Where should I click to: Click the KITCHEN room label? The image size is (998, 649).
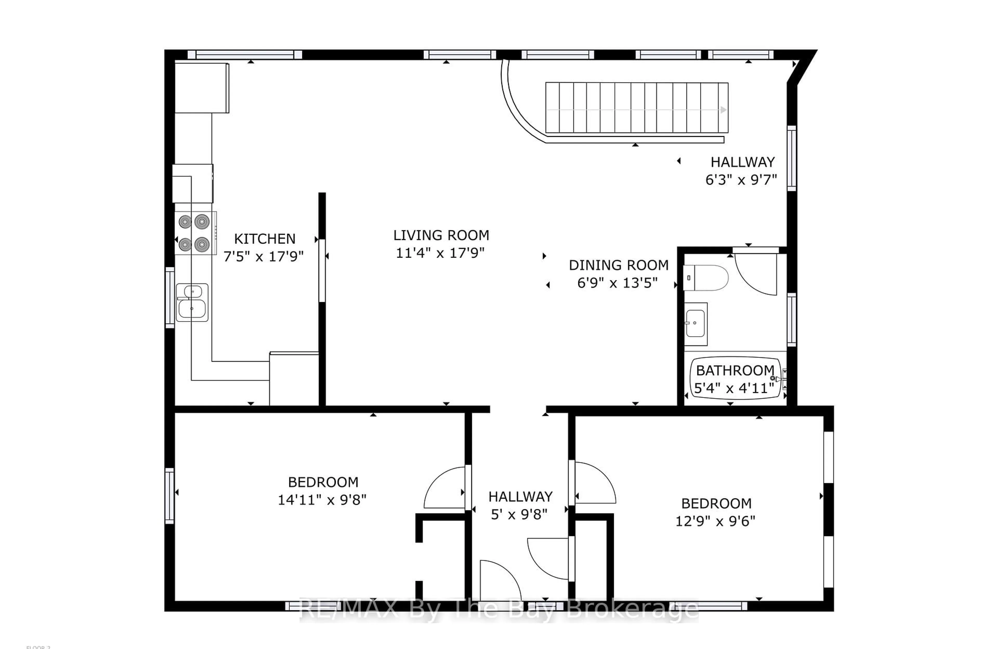[265, 239]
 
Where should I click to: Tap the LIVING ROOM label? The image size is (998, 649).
[441, 235]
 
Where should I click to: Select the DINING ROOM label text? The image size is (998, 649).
[619, 265]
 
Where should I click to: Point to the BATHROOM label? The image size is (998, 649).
[735, 371]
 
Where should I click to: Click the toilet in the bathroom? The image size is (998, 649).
[706, 278]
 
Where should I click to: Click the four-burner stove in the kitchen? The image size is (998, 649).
[194, 233]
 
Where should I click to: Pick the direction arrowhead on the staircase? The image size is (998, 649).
[723, 110]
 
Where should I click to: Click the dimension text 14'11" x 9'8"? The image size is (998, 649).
[322, 500]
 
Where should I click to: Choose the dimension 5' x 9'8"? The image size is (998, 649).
[519, 514]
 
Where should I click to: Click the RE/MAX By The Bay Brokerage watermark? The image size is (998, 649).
[499, 609]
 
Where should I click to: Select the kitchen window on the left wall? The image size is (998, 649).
[170, 297]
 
